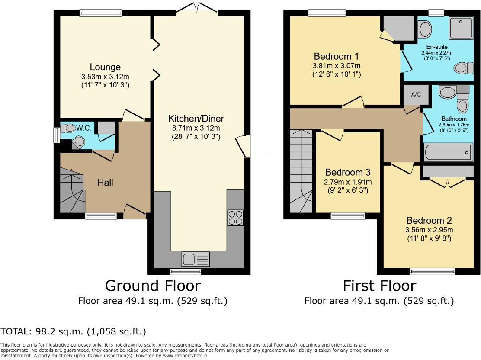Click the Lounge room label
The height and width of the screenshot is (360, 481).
[105, 67]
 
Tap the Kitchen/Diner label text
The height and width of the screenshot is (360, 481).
[196, 118]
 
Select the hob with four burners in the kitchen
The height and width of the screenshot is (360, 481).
[235, 217]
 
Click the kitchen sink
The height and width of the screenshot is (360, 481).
[196, 259]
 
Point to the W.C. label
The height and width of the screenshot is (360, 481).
[83, 128]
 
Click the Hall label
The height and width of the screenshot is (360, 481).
[105, 183]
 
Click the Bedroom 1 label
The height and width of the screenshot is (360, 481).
[336, 56]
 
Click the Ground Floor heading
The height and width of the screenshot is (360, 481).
[153, 286]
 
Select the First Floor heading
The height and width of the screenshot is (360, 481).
[379, 286]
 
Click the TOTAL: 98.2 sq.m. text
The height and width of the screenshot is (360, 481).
[73, 332]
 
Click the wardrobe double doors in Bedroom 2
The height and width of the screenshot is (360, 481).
[448, 183]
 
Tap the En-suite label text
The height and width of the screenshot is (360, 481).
[437, 47]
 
